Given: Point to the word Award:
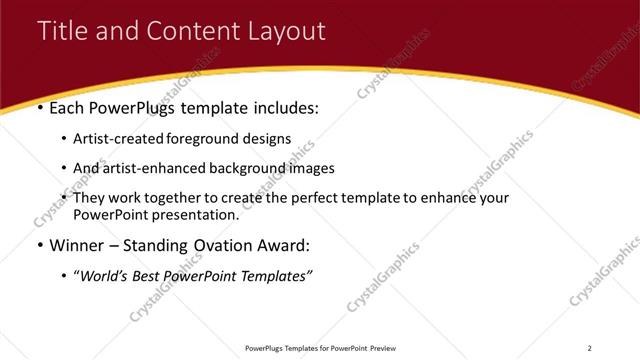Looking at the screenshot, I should (x=288, y=245).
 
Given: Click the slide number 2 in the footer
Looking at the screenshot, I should (x=590, y=348).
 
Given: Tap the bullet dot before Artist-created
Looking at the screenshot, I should (x=65, y=140).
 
